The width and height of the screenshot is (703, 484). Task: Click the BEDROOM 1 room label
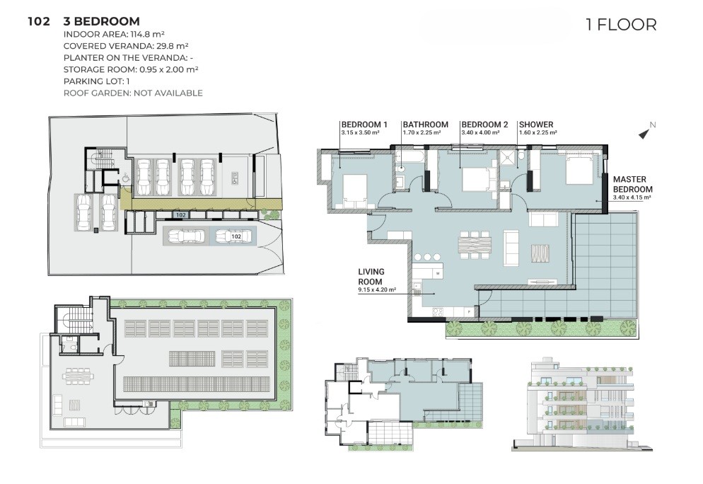click(364, 125)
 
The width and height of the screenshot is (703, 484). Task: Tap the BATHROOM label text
click(426, 125)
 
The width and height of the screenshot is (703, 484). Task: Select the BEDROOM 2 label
click(484, 125)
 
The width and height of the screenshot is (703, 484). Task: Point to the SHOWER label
click(536, 125)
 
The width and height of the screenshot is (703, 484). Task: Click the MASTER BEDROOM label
click(632, 185)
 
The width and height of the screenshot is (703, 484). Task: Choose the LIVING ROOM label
click(371, 277)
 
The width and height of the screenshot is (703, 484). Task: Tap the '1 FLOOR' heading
click(621, 25)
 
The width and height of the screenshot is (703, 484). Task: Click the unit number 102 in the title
click(39, 21)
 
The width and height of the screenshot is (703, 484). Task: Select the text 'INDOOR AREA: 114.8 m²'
click(114, 34)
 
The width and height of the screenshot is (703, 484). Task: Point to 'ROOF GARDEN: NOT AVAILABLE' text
click(133, 93)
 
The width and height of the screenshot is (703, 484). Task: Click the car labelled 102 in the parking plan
click(231, 236)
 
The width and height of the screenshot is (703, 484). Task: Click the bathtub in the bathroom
click(409, 158)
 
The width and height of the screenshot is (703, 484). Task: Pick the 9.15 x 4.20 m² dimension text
click(376, 290)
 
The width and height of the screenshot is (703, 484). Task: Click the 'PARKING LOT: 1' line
click(97, 81)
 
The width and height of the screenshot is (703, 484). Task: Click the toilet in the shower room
click(523, 156)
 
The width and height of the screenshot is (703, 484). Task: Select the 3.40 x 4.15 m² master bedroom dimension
click(632, 197)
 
